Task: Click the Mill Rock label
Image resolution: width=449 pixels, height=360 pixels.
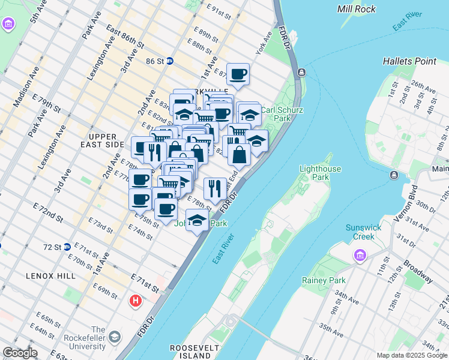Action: point(357,9)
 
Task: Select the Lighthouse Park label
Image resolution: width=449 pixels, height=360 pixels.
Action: point(320,173)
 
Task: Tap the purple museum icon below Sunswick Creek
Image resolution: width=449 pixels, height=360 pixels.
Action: point(360,256)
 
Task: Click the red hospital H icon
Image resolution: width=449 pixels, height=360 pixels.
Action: point(136,300)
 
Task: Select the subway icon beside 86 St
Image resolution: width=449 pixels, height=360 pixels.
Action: point(170,61)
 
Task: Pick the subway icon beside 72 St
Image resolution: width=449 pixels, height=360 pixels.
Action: point(67,247)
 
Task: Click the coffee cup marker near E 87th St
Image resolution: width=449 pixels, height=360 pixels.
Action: point(238,74)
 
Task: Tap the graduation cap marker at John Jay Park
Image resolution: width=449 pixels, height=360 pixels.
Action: point(197,220)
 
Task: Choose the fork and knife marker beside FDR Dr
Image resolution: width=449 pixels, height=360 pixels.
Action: point(215,188)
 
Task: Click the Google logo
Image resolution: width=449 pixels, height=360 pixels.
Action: point(20,353)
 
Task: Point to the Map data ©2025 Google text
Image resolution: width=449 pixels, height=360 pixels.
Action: point(412,355)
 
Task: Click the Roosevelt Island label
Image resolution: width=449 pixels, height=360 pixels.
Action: point(190,352)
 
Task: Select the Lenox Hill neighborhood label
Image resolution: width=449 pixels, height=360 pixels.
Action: point(51,276)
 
